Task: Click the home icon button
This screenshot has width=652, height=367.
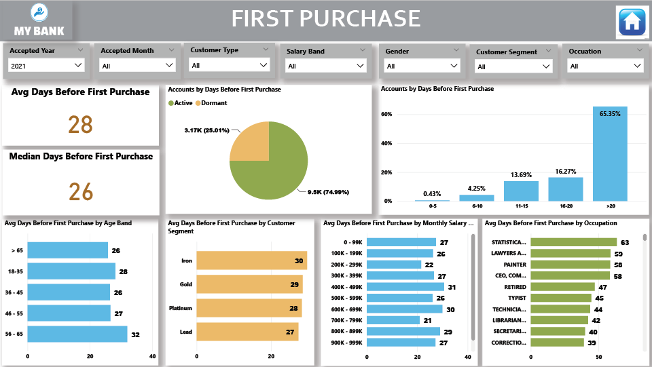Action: click(x=632, y=22)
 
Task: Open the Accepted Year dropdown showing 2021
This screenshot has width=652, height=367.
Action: click(x=46, y=65)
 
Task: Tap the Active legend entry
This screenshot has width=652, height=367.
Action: click(x=180, y=103)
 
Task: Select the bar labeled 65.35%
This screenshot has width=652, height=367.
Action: click(x=609, y=154)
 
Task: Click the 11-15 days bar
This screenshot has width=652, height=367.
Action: click(x=521, y=191)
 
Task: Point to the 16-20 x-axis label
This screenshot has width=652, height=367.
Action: click(x=565, y=206)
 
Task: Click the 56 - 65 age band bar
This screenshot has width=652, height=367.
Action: click(x=77, y=334)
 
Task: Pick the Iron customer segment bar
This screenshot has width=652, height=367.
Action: click(x=252, y=260)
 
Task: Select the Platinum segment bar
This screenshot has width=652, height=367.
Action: click(x=249, y=308)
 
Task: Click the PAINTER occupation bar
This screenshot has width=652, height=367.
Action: click(x=570, y=265)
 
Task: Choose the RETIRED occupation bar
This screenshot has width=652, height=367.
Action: click(x=562, y=287)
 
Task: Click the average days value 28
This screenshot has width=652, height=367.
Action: click(x=80, y=125)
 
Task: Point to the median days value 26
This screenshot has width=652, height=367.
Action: click(x=80, y=191)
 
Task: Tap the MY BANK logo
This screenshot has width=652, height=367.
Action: click(x=39, y=20)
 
